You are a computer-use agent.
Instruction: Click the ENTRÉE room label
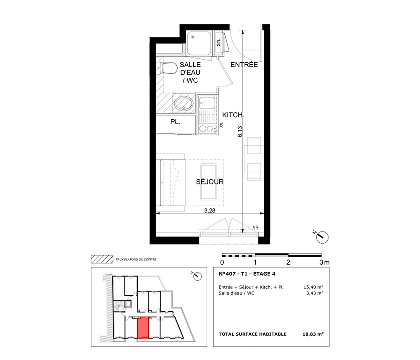[x=244, y=65]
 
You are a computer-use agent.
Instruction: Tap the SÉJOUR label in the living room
[x=210, y=182]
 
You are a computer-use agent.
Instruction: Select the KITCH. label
[x=233, y=115]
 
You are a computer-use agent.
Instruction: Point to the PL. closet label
[x=175, y=122]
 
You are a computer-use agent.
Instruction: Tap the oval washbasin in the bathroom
[x=184, y=104]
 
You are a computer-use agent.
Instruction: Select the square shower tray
[x=199, y=43]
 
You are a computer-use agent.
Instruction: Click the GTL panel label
[x=218, y=42]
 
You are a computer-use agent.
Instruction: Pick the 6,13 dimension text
[x=240, y=131]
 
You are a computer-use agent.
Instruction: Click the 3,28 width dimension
[x=210, y=210]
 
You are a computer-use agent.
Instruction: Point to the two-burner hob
[x=206, y=129]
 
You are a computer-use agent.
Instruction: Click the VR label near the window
[x=255, y=227]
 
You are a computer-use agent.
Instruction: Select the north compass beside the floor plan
[x=321, y=236]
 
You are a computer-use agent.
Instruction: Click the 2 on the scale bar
[x=288, y=262]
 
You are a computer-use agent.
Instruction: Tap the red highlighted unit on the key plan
[x=143, y=328]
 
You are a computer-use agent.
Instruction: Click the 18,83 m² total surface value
[x=313, y=334]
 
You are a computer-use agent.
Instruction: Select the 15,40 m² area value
[x=313, y=287]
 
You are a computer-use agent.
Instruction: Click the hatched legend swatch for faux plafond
[x=102, y=259]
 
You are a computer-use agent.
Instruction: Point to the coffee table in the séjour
[x=208, y=182]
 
